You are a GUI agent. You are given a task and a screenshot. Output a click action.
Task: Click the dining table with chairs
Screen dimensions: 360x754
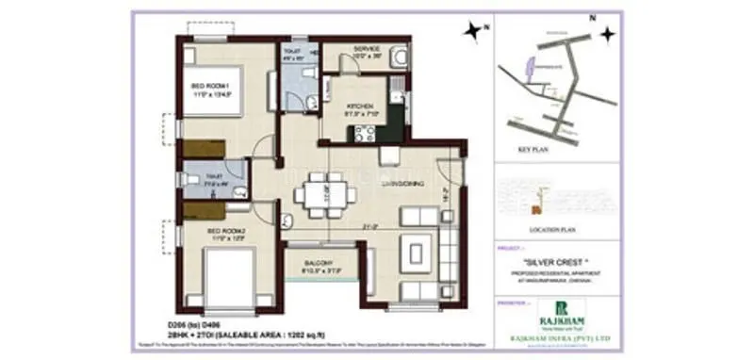[x=324, y=195]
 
